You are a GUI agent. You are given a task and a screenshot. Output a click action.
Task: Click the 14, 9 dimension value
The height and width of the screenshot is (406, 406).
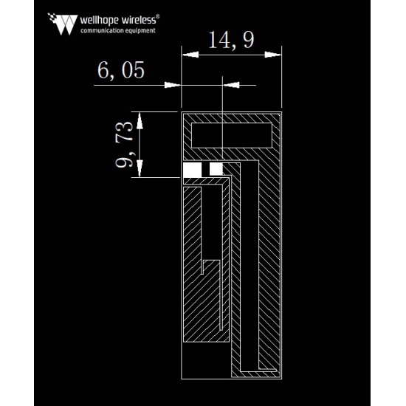(x=231, y=40)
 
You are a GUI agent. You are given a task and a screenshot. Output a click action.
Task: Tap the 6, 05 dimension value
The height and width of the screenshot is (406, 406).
(x=121, y=70)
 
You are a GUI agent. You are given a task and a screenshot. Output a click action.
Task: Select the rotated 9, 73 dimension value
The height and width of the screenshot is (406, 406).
(x=124, y=144)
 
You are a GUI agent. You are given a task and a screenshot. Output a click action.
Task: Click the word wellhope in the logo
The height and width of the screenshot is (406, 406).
(x=100, y=20)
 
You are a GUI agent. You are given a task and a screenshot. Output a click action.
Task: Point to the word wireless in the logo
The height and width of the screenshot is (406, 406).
(x=139, y=20)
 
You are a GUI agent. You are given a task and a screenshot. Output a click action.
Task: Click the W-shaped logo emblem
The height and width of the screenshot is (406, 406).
(x=63, y=24)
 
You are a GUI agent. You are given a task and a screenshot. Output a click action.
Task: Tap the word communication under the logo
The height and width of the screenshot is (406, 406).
(x=102, y=30)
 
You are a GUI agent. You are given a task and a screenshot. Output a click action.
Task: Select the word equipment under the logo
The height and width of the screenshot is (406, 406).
(x=140, y=31)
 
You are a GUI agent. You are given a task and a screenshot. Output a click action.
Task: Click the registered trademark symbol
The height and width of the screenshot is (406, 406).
(x=158, y=16)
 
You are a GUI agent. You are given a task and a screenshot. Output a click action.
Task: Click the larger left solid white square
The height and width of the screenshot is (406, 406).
(x=193, y=170)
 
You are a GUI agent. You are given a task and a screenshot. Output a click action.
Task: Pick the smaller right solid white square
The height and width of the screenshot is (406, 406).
(x=216, y=169)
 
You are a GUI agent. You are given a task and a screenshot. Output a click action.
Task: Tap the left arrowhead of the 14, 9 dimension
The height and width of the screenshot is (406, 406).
(x=190, y=55)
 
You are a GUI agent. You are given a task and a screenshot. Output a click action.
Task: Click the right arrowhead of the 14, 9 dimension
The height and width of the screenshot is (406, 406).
(x=273, y=55)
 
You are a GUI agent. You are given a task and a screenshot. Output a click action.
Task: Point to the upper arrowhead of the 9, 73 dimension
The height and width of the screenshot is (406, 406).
(x=140, y=120)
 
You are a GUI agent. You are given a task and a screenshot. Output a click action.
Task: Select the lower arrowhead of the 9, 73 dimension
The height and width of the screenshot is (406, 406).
(x=140, y=168)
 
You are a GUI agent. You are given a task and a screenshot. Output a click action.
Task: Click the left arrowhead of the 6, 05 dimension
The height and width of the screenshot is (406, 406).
(x=173, y=85)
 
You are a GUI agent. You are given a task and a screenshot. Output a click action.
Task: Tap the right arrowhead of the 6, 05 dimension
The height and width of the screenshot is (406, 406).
(x=231, y=85)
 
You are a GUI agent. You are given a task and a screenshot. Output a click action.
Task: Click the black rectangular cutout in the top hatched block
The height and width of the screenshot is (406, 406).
(x=232, y=135)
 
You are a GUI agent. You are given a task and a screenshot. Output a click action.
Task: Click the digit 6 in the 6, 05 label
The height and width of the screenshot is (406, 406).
(x=103, y=70)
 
